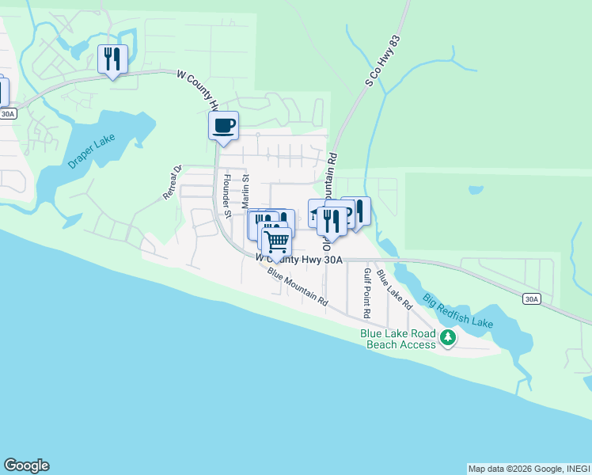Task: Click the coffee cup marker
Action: tap(224, 126)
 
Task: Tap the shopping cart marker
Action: tap(276, 241)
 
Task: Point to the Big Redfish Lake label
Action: tap(457, 311)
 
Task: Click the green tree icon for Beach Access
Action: tap(448, 339)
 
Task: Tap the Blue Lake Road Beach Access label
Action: tap(397, 339)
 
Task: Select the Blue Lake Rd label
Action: tap(394, 290)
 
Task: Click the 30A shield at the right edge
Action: tap(533, 298)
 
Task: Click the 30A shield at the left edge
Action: tap(7, 114)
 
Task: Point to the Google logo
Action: tap(26, 465)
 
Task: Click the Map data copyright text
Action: tap(528, 469)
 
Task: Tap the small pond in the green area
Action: tap(475, 190)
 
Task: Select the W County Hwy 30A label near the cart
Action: tap(299, 258)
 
